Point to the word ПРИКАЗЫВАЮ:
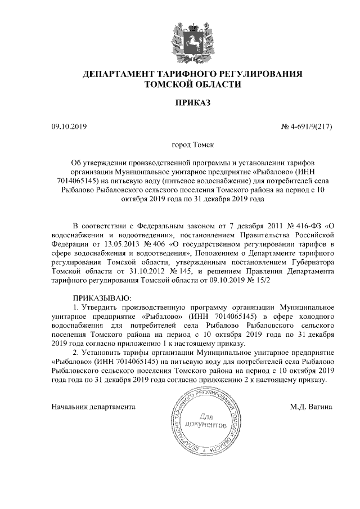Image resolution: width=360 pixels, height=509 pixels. [x=102, y=297]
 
